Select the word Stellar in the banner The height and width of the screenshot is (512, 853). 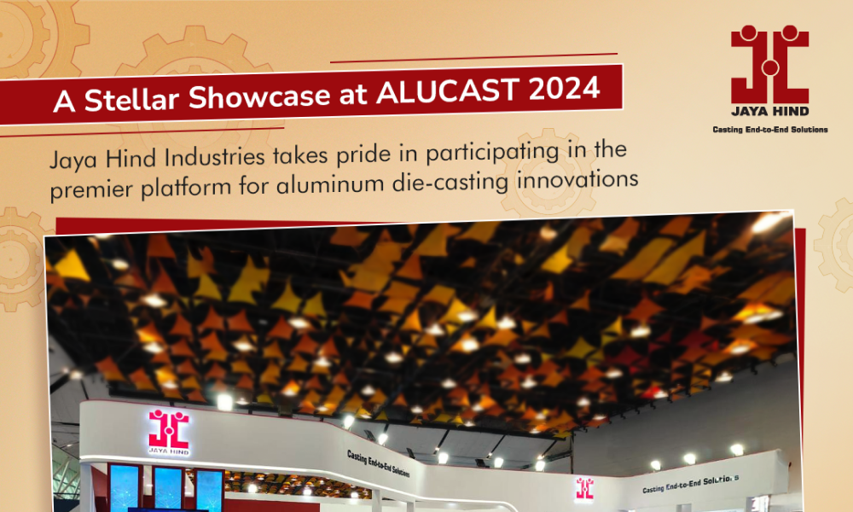coord(132,99)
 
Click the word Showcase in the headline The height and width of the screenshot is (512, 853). coord(259,96)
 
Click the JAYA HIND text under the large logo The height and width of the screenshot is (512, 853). coord(769,112)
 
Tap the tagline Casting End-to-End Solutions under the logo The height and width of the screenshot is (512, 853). coord(769,130)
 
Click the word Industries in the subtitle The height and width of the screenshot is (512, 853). coord(214,157)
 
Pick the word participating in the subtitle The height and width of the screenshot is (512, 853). coord(492,154)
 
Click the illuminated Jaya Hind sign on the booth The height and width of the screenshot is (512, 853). coord(169,433)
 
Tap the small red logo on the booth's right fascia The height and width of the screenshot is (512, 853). coord(585,489)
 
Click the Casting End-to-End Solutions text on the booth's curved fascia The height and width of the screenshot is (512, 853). coord(378,463)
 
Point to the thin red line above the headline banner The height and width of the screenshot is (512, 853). coord(473,58)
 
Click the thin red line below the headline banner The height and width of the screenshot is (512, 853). coord(142,132)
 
